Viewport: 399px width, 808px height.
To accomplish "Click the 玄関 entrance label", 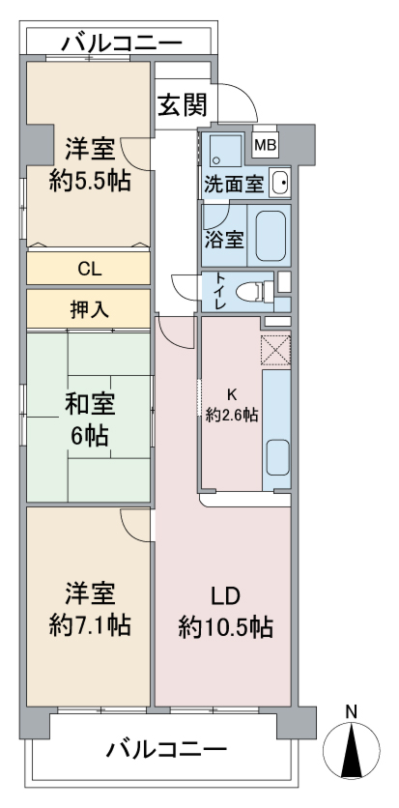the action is tap(182, 105).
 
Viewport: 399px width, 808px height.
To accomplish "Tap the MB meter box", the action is tap(265, 146).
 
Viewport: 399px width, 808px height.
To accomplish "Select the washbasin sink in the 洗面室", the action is tap(280, 182).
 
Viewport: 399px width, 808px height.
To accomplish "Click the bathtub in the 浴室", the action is tap(271, 235).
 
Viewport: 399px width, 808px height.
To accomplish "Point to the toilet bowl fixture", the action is tap(254, 292).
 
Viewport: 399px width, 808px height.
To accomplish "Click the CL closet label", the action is tap(89, 269).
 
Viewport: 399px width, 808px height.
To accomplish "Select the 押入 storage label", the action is tap(89, 308).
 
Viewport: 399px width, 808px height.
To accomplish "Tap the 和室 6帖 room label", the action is tap(89, 419).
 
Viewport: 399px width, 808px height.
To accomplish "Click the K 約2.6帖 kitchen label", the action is tap(232, 405).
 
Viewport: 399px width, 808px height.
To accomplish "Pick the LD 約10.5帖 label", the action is tap(225, 612).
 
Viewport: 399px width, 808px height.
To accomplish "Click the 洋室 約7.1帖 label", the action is tap(90, 610).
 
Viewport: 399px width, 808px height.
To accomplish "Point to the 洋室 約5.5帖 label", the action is tap(90, 165).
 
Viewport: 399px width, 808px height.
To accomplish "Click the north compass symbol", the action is tap(352, 749).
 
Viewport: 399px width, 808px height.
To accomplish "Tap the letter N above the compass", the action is tap(351, 711).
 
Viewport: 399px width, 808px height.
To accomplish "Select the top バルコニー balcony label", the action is tap(122, 43).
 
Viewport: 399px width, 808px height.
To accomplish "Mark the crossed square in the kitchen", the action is tap(276, 350).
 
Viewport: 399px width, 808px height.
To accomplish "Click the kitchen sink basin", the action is tap(277, 457).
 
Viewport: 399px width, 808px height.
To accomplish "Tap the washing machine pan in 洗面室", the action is tap(222, 152).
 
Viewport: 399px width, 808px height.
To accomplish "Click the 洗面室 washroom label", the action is tap(234, 184).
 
